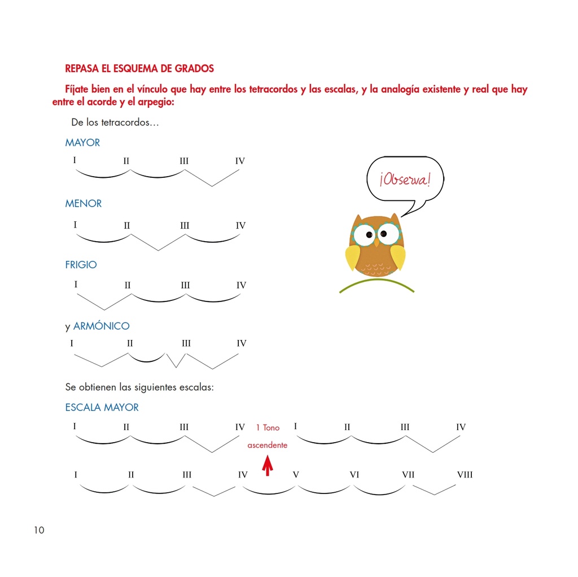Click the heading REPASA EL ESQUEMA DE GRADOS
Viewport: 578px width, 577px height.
[x=139, y=69]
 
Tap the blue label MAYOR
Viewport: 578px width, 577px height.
[x=82, y=143]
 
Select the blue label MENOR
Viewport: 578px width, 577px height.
[x=84, y=204]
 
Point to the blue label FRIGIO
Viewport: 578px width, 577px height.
[x=81, y=265]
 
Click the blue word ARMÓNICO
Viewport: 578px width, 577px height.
[x=102, y=326]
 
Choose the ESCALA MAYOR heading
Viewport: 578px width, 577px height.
[x=102, y=408]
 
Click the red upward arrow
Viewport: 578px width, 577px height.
[x=268, y=466]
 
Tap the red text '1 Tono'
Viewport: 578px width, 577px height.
[x=268, y=428]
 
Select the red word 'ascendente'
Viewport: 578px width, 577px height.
[x=268, y=445]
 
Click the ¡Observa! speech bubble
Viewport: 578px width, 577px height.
[x=405, y=180]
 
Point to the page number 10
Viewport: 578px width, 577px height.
[x=38, y=530]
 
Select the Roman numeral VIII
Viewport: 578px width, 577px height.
[x=465, y=475]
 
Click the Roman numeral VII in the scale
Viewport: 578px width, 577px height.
[x=408, y=475]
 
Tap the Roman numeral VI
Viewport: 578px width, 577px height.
[x=354, y=475]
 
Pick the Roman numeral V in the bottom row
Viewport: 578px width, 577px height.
[x=296, y=475]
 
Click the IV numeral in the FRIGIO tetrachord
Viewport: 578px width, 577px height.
[x=242, y=286]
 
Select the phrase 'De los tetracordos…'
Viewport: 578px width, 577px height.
[x=115, y=123]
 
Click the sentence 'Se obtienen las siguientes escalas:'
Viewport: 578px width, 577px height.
[x=139, y=388]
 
